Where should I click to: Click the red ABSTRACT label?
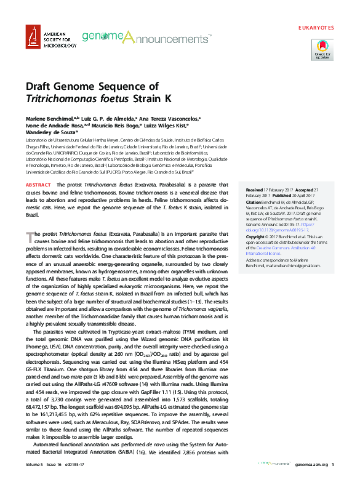[x=38, y=185]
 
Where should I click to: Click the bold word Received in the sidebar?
[x=255, y=190]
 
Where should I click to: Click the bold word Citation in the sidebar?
[x=254, y=202]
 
